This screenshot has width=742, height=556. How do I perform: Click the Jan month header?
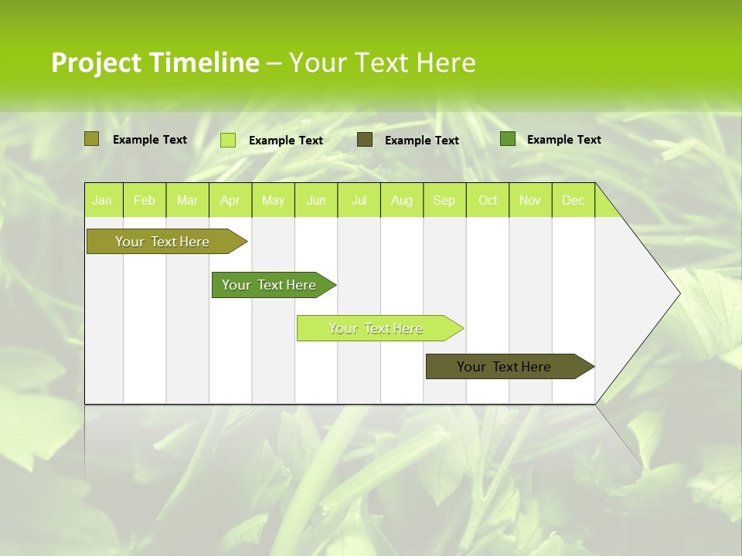pyautogui.click(x=102, y=201)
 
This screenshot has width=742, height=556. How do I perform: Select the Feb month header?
pyautogui.click(x=145, y=201)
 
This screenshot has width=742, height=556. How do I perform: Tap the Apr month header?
pyautogui.click(x=230, y=201)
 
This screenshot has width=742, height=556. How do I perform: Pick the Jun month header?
pyautogui.click(x=316, y=201)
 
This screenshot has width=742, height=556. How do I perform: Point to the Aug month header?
pyautogui.click(x=401, y=201)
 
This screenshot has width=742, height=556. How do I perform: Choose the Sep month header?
pyautogui.click(x=444, y=201)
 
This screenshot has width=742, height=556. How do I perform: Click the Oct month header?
pyautogui.click(x=488, y=201)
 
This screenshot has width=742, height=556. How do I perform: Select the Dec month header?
pyautogui.click(x=573, y=201)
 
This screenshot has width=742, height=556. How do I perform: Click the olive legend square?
pyautogui.click(x=91, y=139)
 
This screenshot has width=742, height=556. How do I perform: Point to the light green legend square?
pyautogui.click(x=228, y=140)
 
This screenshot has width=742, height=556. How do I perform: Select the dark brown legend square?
pyautogui.click(x=365, y=140)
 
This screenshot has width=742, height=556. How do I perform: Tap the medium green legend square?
pyautogui.click(x=508, y=139)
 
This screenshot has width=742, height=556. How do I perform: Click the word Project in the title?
pyautogui.click(x=95, y=63)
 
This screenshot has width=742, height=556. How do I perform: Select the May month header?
pyautogui.click(x=273, y=201)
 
